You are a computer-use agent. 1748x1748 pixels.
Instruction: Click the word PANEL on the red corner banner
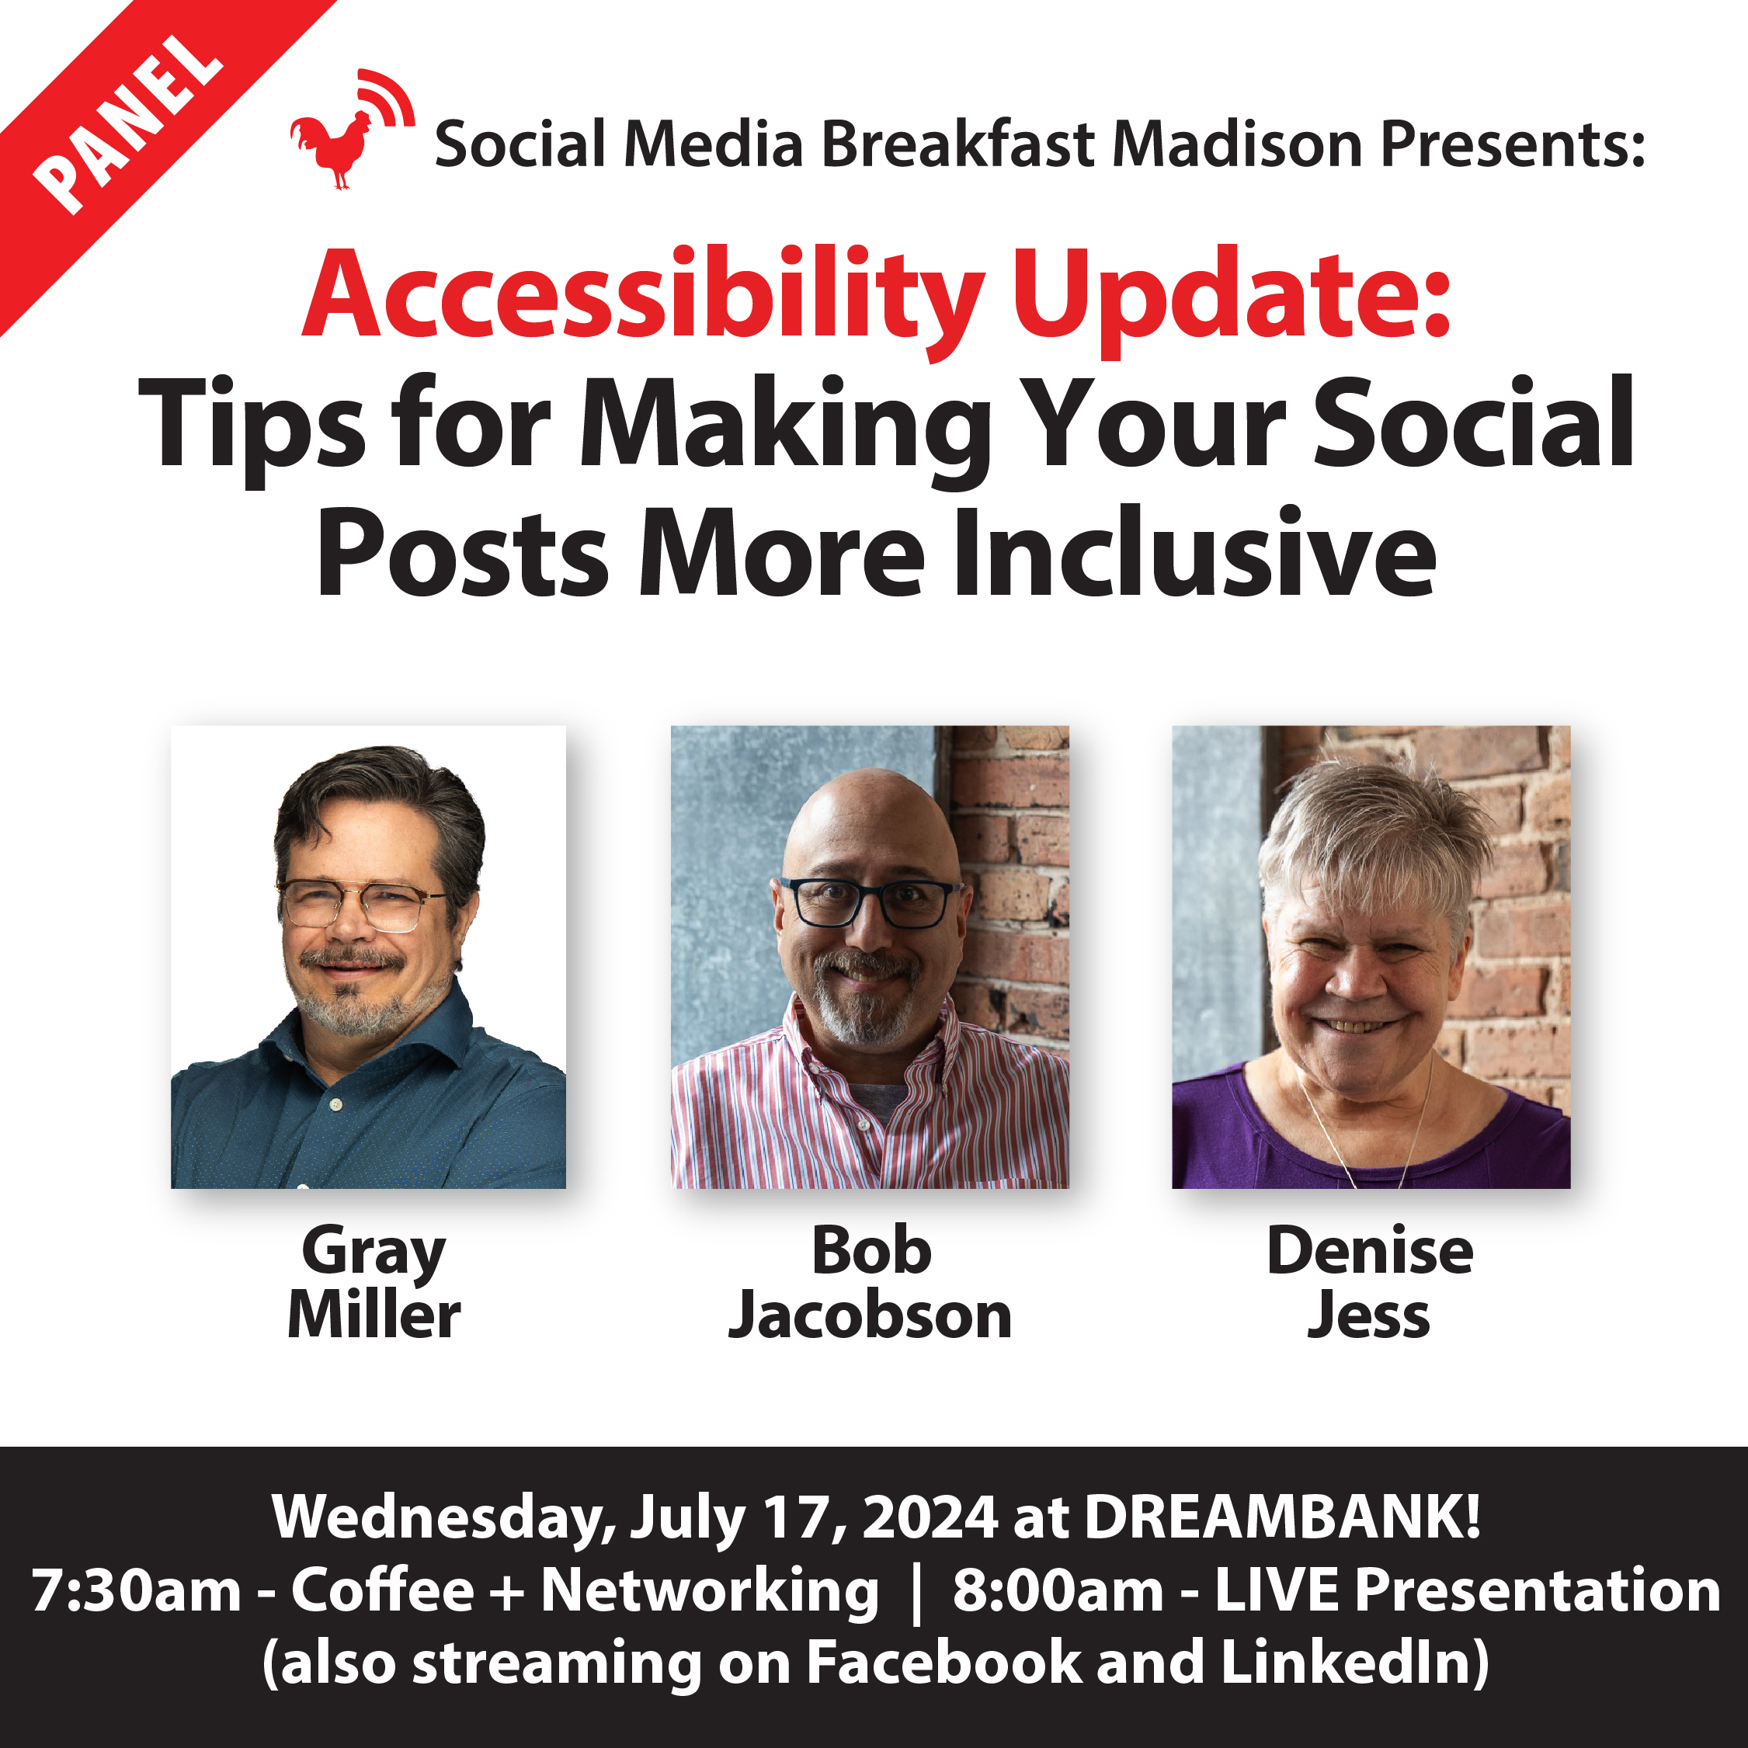(x=127, y=125)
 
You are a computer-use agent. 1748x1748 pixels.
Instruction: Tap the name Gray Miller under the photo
(x=373, y=1282)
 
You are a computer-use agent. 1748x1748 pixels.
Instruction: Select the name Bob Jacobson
(x=871, y=1282)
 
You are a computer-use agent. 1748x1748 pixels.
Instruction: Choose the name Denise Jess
(x=1370, y=1282)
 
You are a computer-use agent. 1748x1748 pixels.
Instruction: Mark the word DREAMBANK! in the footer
(x=1283, y=1516)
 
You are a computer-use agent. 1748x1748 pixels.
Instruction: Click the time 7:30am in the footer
(x=137, y=1590)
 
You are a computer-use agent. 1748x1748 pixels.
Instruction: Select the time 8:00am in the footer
(x=1058, y=1590)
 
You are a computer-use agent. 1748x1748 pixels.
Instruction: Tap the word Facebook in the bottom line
(x=944, y=1663)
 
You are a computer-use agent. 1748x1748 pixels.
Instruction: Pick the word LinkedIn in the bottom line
(x=1346, y=1663)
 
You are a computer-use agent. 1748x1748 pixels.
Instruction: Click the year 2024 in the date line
(x=930, y=1517)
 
